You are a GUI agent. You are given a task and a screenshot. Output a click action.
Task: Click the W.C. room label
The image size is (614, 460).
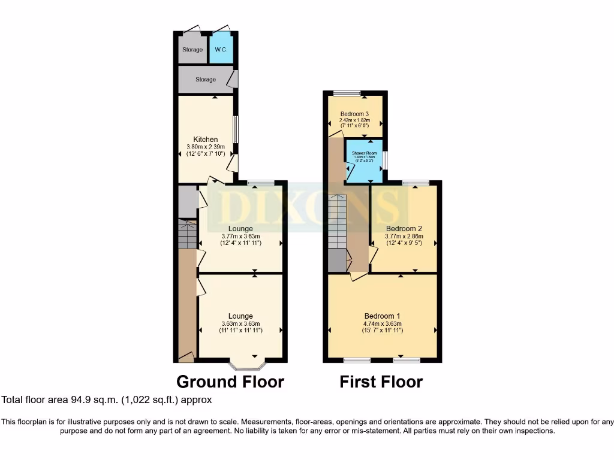coord(220,50)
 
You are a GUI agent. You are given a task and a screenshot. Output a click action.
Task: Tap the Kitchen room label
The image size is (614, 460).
coord(205,140)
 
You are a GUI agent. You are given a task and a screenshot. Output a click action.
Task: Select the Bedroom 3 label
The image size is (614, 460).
coord(354,114)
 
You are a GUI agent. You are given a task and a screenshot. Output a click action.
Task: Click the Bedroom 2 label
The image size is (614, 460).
coord(404,229)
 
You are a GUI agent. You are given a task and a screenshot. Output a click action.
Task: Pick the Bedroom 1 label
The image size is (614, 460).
coord(383,316)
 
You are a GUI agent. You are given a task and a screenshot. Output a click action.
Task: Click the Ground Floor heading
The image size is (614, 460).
coord(230,382)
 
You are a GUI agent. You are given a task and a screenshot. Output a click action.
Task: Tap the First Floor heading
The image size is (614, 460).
coord(381,382)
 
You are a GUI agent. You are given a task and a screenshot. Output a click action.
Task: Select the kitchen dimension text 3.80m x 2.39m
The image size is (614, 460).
coord(205,147)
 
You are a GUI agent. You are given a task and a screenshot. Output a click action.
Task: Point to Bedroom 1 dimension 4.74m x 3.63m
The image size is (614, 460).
coord(383,323)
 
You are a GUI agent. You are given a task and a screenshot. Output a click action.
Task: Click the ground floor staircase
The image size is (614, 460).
coord(188,235)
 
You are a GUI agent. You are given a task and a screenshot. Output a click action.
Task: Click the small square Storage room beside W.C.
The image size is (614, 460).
coord(192,50)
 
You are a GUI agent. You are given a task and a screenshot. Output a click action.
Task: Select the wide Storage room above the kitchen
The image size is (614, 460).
coord(206,80)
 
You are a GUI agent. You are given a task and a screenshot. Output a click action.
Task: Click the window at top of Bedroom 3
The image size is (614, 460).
coord(347,93)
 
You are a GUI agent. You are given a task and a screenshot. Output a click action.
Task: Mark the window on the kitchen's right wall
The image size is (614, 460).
coord(235,129)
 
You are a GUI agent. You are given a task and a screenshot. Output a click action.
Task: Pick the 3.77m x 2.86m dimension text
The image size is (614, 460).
coord(404,236)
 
